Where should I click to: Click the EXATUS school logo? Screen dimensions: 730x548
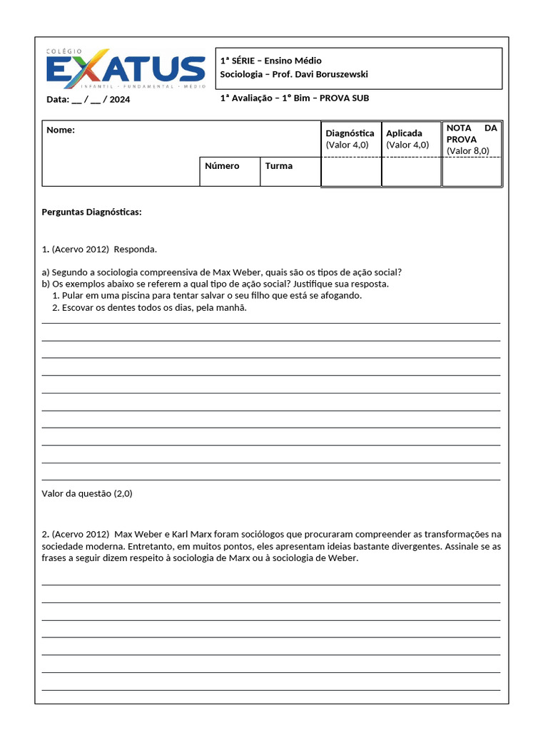coord(125,69)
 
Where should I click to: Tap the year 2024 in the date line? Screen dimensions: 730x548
coord(121,100)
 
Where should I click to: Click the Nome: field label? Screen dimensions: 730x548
coord(61,130)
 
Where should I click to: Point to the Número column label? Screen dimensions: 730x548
coord(222,166)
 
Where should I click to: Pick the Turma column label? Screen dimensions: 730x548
coord(279,166)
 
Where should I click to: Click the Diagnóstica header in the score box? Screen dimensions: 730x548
coord(350,133)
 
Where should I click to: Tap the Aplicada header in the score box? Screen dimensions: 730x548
coord(404,133)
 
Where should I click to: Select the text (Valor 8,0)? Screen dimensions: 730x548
coord(468,151)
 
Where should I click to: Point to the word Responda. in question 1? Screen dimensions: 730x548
coord(135,250)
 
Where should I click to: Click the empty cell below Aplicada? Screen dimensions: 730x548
coord(412,171)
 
